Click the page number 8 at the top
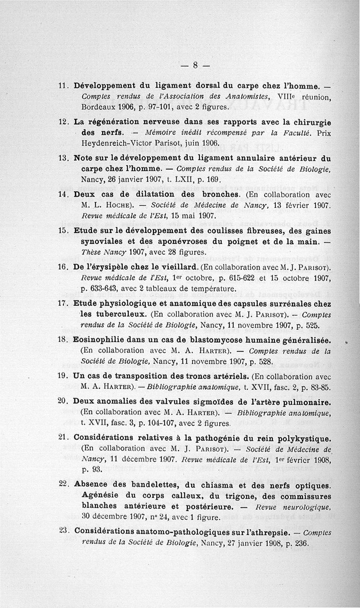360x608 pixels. click(x=195, y=64)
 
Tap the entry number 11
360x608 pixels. click(x=63, y=85)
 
